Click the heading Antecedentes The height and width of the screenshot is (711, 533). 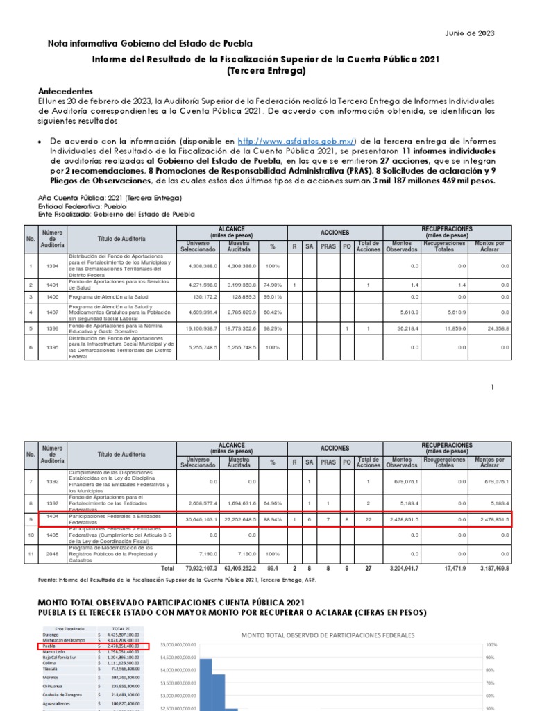click(65, 92)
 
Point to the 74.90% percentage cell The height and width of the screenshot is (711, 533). click(272, 285)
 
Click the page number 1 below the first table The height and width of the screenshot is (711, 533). click(492, 387)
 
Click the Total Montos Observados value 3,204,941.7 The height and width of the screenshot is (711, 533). click(401, 567)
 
